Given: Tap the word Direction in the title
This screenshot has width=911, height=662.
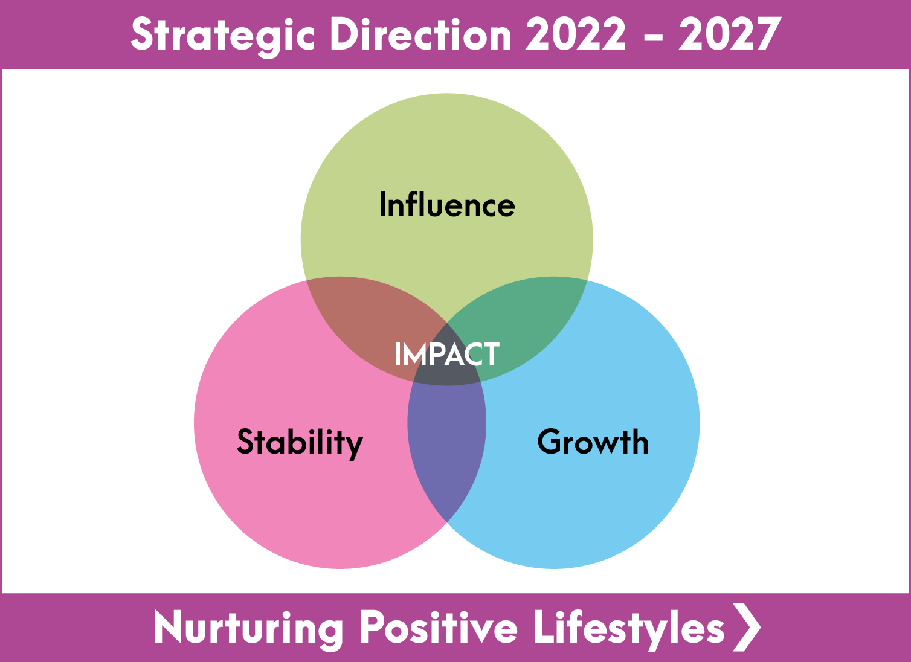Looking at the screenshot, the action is click(420, 34).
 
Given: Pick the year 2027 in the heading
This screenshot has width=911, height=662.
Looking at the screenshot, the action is click(730, 34).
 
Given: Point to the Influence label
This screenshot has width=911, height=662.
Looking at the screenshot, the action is click(447, 205).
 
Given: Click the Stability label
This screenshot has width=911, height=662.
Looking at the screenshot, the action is click(300, 443).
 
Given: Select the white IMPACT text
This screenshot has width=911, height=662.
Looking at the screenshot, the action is click(447, 354).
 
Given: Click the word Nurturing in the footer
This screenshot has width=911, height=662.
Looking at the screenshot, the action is click(248, 628).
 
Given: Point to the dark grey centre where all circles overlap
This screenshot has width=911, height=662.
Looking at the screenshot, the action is click(447, 358).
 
